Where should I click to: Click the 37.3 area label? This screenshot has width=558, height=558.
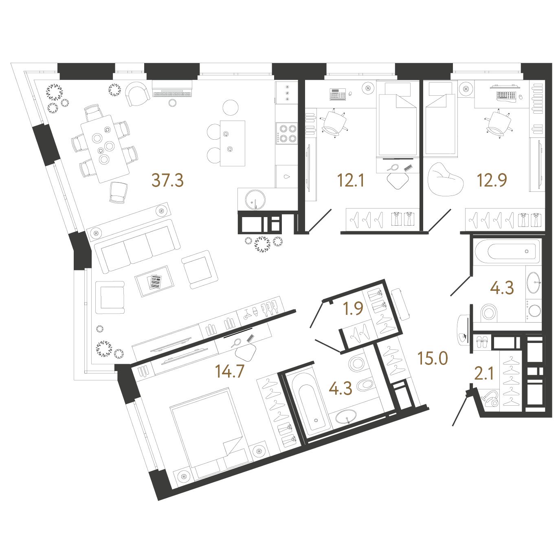167,180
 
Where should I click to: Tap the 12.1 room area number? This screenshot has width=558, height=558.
350,180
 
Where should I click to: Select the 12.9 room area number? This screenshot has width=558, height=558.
492,180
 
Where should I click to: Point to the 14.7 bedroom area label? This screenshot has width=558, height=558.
230,371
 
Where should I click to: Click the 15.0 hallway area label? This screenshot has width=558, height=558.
433,358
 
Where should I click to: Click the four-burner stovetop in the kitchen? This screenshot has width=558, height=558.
287,133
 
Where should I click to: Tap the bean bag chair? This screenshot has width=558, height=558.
445,180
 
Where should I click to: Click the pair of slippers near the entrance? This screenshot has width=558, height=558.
482,342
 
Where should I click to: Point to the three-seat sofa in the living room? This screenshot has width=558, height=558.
137,246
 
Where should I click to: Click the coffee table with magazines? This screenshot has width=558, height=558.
154,281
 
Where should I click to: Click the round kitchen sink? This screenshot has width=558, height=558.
255,200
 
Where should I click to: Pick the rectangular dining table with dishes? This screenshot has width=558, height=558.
105,149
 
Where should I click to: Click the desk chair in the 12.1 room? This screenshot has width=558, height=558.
334,123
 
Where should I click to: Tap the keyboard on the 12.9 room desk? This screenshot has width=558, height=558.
506,95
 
